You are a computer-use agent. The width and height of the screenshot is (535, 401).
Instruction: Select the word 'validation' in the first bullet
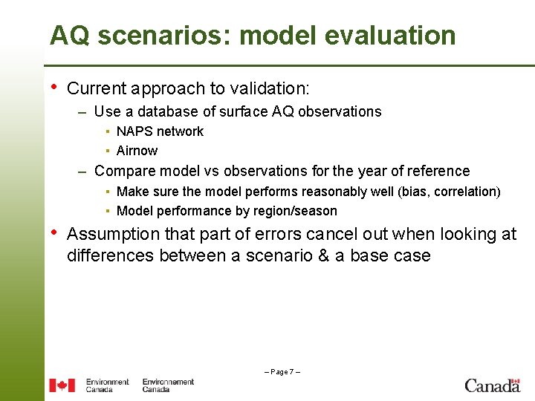click(x=268, y=88)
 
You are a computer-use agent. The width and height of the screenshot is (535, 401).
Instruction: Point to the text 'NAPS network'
click(x=160, y=131)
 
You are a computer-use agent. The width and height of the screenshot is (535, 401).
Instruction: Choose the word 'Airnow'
click(x=137, y=151)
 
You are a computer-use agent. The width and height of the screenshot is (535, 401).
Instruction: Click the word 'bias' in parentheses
click(x=413, y=192)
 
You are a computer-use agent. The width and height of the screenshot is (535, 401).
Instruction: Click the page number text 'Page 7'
click(x=282, y=371)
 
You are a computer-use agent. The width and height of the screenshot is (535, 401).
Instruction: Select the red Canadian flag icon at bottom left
click(x=62, y=385)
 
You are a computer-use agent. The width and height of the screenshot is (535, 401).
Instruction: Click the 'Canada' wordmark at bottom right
click(x=492, y=385)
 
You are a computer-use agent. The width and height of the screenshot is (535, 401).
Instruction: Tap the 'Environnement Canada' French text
click(x=168, y=385)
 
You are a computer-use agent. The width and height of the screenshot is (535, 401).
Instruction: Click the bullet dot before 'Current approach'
click(x=53, y=88)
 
